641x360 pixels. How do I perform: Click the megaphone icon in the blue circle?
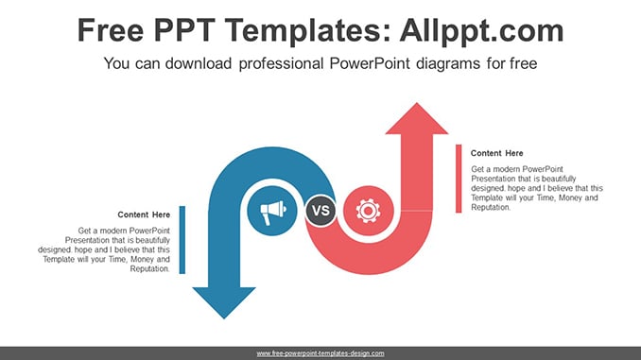click(x=273, y=211)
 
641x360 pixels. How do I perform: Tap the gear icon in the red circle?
click(x=368, y=211)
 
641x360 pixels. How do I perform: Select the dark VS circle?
click(x=320, y=211)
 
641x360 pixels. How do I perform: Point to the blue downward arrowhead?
click(x=224, y=302)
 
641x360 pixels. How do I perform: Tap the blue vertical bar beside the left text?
click(x=182, y=240)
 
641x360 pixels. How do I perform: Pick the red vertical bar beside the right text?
click(x=459, y=179)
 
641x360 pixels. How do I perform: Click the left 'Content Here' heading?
click(x=144, y=214)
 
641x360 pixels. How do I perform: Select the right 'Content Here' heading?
click(x=496, y=153)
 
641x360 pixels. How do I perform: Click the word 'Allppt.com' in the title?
click(x=481, y=30)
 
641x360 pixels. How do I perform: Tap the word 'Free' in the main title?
click(x=111, y=30)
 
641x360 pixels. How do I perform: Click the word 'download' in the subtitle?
click(x=199, y=63)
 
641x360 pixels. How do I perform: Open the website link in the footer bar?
click(x=320, y=353)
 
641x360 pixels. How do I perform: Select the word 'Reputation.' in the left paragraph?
click(x=150, y=269)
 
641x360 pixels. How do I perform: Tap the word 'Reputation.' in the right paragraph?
click(x=491, y=207)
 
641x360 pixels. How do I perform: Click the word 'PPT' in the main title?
click(x=184, y=30)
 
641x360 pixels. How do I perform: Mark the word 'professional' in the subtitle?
click(x=281, y=64)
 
